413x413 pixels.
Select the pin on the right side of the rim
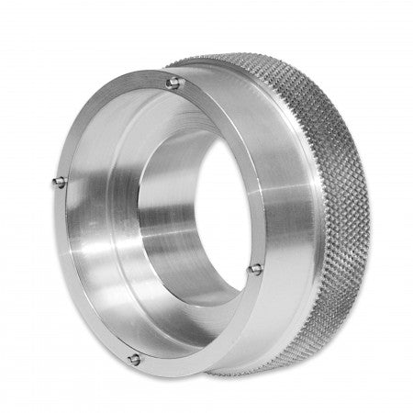(x=256, y=268)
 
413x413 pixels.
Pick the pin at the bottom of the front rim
(x=134, y=358)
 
